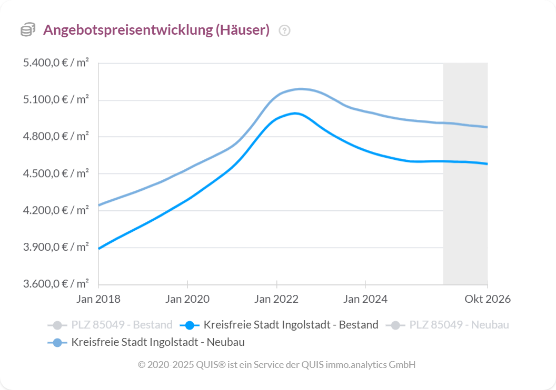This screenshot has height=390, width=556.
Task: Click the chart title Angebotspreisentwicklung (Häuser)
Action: pyautogui.click(x=156, y=30)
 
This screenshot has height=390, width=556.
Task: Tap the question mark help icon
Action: pyautogui.click(x=285, y=30)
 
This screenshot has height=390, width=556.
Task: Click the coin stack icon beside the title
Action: pyautogui.click(x=28, y=30)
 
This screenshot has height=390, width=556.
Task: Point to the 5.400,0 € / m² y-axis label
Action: pyautogui.click(x=55, y=63)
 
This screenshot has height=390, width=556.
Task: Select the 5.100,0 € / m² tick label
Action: pyautogui.click(x=55, y=100)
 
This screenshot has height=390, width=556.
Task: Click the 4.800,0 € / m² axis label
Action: pyautogui.click(x=55, y=137)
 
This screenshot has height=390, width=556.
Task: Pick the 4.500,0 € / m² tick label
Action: pyautogui.click(x=55, y=173)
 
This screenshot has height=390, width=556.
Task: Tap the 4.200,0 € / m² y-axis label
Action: pyautogui.click(x=55, y=210)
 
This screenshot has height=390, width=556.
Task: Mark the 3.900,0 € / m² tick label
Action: pyautogui.click(x=55, y=247)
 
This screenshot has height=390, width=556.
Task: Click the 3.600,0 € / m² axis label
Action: pyautogui.click(x=55, y=284)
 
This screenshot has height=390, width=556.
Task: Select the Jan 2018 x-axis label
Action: pyautogui.click(x=98, y=299)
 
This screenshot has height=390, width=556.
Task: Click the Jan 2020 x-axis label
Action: pyautogui.click(x=187, y=299)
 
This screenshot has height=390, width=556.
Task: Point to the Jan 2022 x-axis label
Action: pyautogui.click(x=276, y=299)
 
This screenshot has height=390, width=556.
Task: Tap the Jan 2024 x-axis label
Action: pyautogui.click(x=365, y=299)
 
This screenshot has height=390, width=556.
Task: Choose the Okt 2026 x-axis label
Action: pyautogui.click(x=487, y=299)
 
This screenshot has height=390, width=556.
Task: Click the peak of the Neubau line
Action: pyautogui.click(x=301, y=89)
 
